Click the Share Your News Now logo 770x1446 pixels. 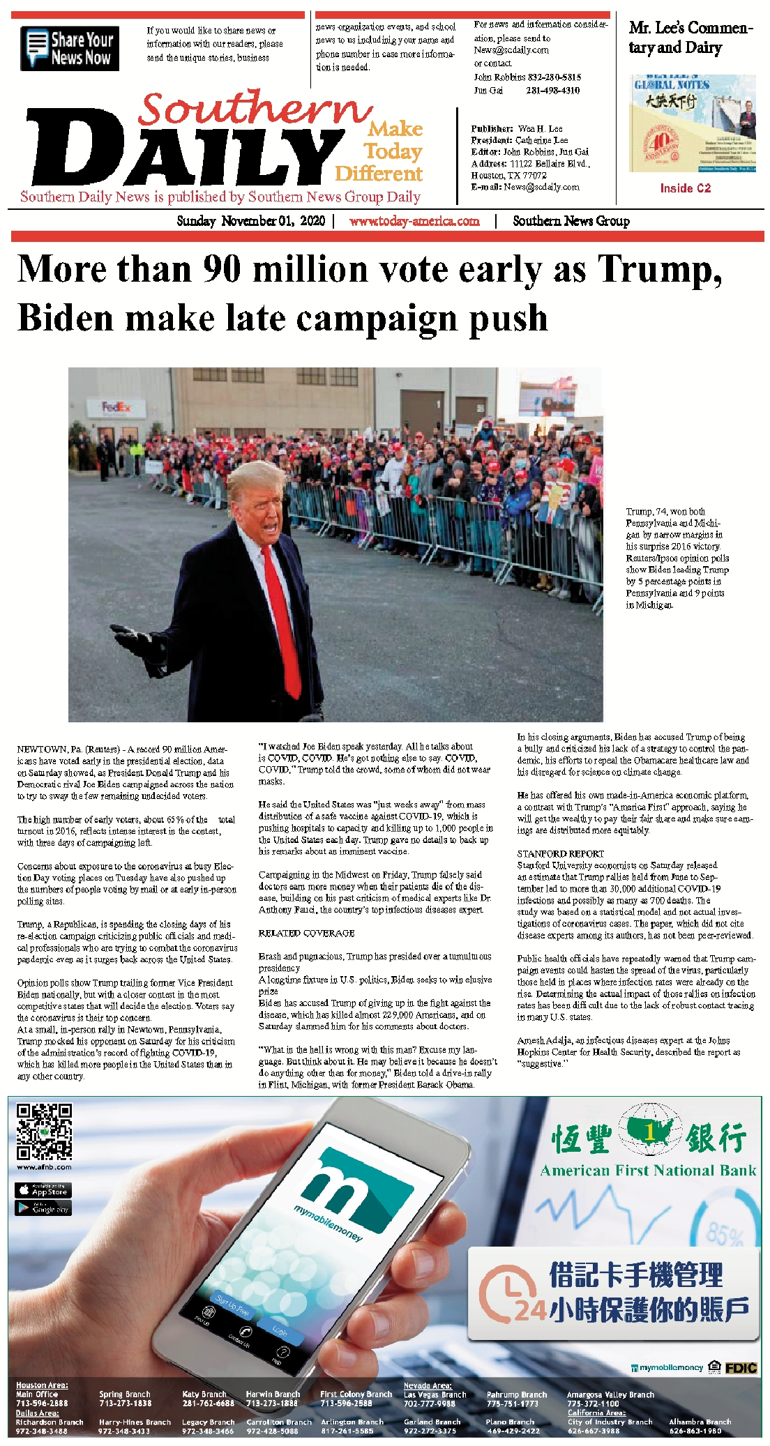(x=70, y=49)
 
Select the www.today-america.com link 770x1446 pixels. (x=414, y=221)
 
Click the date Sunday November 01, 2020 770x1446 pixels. (x=251, y=221)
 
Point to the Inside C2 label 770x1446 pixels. (x=685, y=188)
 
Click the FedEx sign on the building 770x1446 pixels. (x=114, y=406)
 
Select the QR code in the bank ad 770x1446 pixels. (x=45, y=1131)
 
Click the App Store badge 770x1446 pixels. (x=43, y=1191)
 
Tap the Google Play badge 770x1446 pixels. (x=43, y=1209)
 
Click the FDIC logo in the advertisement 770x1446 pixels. (x=741, y=1368)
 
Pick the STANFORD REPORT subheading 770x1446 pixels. (x=560, y=853)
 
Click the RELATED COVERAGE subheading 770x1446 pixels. (x=306, y=933)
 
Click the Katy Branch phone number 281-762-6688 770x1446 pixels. (x=208, y=1403)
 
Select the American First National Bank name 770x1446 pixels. (x=648, y=1171)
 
